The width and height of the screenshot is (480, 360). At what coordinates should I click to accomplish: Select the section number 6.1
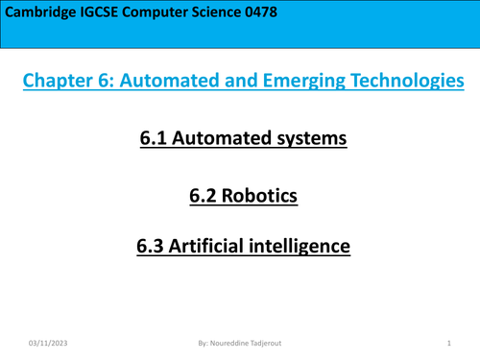(x=156, y=139)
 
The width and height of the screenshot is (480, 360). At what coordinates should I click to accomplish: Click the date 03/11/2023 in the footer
(x=48, y=343)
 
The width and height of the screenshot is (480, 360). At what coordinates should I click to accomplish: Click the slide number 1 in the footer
(x=449, y=343)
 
